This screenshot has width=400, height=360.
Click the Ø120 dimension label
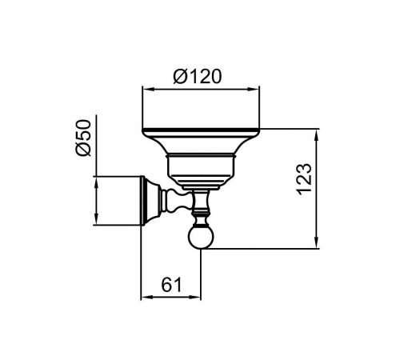[198, 77]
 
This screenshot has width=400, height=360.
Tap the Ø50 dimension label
[83, 138]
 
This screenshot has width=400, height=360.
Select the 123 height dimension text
[304, 179]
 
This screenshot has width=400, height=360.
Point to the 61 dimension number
[171, 285]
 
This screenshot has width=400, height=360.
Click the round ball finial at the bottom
[201, 236]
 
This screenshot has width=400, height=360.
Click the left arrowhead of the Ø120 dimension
[148, 90]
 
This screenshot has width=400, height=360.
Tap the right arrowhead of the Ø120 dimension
[254, 90]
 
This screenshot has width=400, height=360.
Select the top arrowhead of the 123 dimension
[317, 135]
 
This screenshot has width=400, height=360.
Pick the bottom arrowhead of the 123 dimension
[317, 242]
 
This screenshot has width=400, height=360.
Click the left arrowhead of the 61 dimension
[146, 297]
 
